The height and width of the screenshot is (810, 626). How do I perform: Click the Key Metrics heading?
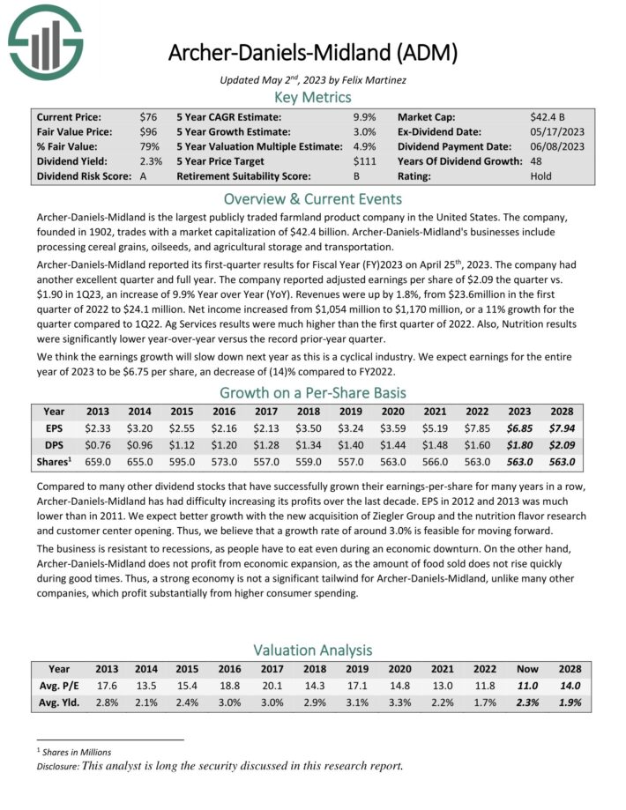click(x=313, y=97)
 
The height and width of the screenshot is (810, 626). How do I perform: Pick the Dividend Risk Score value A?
click(x=144, y=175)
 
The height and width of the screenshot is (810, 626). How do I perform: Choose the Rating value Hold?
click(x=541, y=175)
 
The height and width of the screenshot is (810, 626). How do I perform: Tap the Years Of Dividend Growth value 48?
click(x=537, y=160)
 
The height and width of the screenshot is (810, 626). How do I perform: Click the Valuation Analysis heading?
click(x=313, y=650)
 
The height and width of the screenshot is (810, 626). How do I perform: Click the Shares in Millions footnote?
click(x=78, y=751)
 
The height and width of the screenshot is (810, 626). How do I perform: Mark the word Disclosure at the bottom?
click(x=55, y=765)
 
